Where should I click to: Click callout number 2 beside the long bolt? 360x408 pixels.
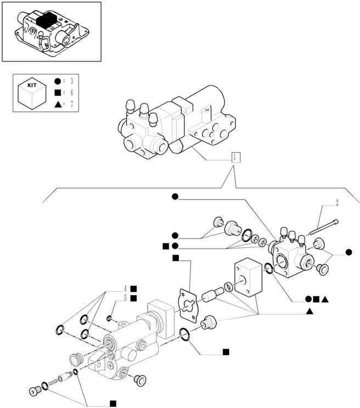click(x=337, y=203)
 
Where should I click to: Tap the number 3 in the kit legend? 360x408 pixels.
click(x=71, y=82)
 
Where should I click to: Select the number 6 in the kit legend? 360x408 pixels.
click(x=71, y=93)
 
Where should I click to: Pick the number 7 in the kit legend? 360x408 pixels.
click(x=71, y=104)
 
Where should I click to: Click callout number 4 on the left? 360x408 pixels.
click(x=125, y=288)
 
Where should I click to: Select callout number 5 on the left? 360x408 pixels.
click(x=125, y=298)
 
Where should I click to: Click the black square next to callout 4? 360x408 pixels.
click(x=133, y=288)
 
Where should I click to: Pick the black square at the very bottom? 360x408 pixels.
click(x=113, y=404)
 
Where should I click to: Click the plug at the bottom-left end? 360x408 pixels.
click(x=36, y=392)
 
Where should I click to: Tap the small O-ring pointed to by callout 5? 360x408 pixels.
click(x=110, y=319)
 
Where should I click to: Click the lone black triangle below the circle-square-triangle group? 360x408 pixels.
click(x=310, y=311)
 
